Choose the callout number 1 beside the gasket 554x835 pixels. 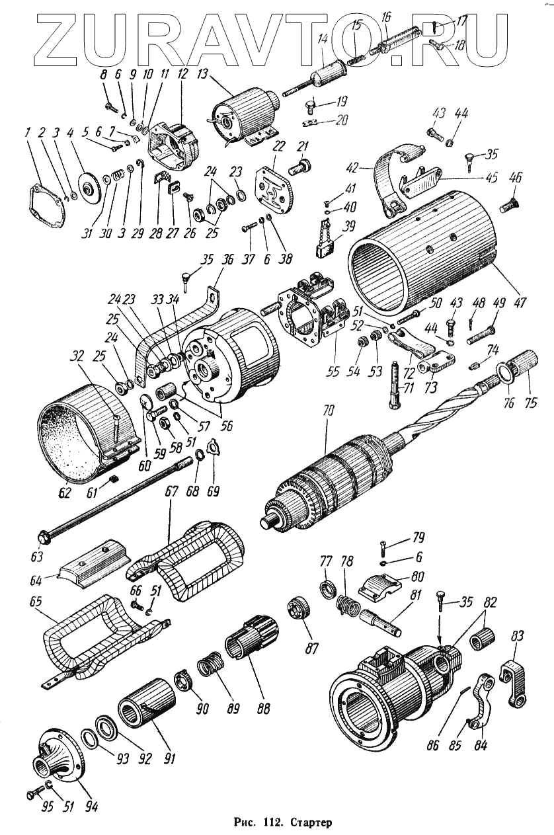pos(28,132)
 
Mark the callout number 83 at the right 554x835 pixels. pos(517,636)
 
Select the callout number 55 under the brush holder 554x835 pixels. pos(333,372)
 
